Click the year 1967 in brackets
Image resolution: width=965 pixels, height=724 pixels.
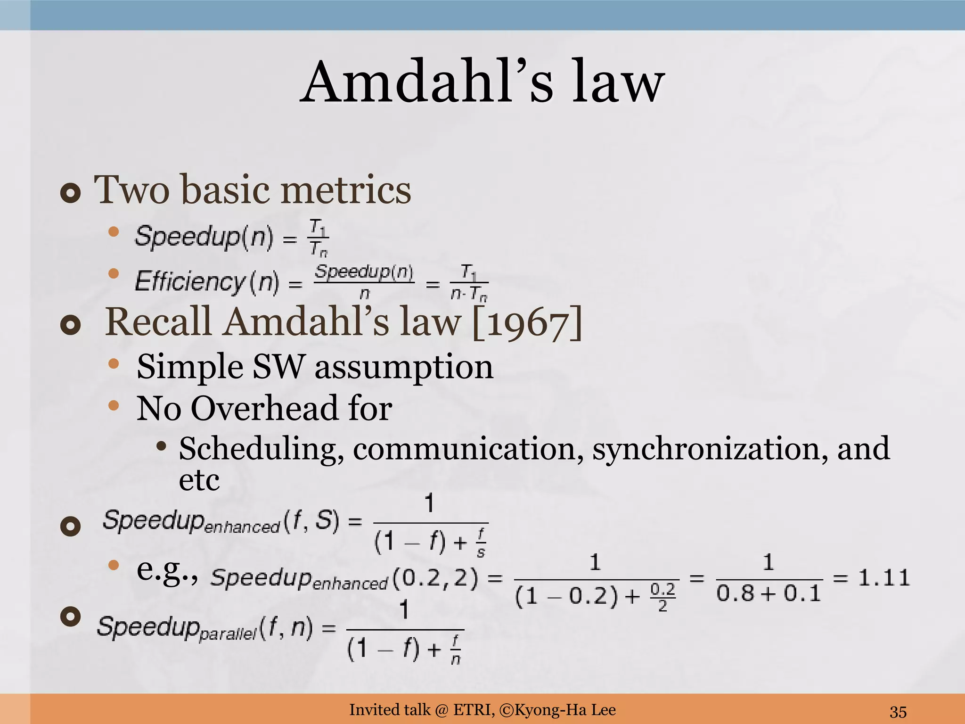pos(526,323)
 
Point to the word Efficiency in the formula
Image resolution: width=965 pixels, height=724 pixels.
pos(189,282)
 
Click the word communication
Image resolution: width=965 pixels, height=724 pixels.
pos(465,449)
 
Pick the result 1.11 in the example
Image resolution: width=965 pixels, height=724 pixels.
pos(883,577)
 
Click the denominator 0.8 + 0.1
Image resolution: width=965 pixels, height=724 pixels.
pos(769,593)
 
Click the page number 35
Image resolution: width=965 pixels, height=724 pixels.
pos(898,711)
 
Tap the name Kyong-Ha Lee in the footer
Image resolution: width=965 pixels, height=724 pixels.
pos(565,709)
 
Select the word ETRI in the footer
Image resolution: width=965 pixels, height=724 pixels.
pos(474,709)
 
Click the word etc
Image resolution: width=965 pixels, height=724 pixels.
pos(199,481)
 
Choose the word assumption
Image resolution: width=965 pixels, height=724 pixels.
pos(404,367)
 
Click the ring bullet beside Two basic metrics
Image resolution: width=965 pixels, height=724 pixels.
pos(71,194)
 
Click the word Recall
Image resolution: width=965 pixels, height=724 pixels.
pos(158,323)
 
